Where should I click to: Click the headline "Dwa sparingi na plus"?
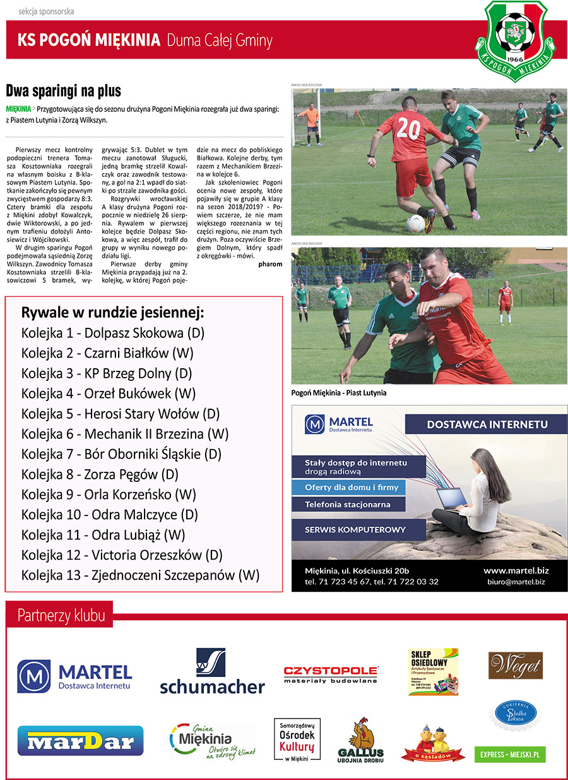63,91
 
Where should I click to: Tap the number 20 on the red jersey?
409,130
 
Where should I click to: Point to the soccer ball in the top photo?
415,223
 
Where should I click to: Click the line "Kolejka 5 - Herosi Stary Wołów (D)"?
120,414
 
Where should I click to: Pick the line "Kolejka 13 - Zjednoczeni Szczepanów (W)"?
140,575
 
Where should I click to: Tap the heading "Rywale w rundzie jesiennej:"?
112,313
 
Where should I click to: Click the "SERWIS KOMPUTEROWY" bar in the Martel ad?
355,529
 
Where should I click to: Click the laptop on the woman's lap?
453,499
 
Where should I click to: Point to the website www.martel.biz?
515,570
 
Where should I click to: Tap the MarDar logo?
80,741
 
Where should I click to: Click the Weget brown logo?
515,666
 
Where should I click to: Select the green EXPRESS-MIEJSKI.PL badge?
510,754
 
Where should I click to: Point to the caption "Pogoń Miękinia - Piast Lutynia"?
338,393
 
